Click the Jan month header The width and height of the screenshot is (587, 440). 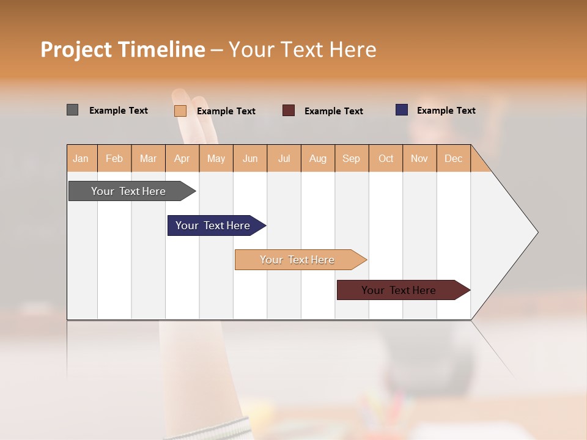pyautogui.click(x=81, y=158)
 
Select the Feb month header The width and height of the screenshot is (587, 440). pyautogui.click(x=114, y=158)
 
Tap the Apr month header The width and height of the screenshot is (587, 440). pyautogui.click(x=182, y=158)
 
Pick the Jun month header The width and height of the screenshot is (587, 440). pyautogui.click(x=250, y=158)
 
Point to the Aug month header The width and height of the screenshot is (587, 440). pyautogui.click(x=317, y=158)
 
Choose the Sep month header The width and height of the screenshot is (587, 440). pyautogui.click(x=351, y=158)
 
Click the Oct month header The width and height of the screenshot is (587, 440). pyautogui.click(x=386, y=158)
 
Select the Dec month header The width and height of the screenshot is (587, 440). pyautogui.click(x=453, y=158)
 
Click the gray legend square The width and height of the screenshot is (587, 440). pyautogui.click(x=72, y=110)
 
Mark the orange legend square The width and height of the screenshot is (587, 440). pyautogui.click(x=180, y=111)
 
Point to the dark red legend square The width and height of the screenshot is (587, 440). pyautogui.click(x=289, y=111)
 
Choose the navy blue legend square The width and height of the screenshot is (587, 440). pyautogui.click(x=402, y=110)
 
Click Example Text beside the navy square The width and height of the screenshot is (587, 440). pyautogui.click(x=446, y=111)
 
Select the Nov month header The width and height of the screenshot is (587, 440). pyautogui.click(x=419, y=158)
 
